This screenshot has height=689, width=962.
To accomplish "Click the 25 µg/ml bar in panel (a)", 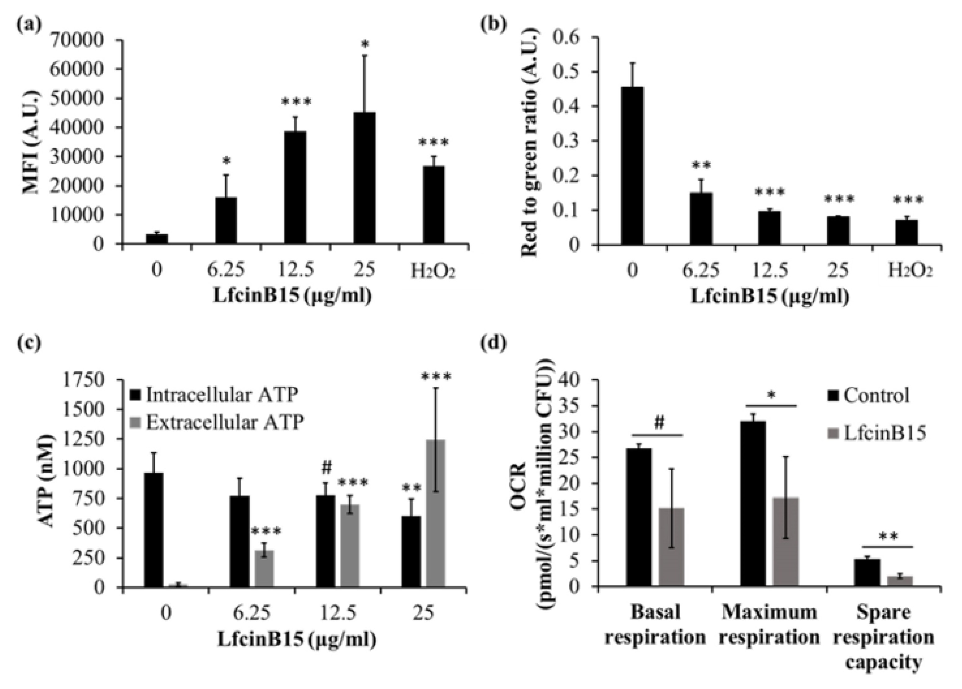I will pos(365,178).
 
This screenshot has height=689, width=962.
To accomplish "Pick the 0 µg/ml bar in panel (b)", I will pos(632,165).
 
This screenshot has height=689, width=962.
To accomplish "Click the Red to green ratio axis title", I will pos(530,142).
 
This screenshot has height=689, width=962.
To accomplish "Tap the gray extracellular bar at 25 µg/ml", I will pos(436,513).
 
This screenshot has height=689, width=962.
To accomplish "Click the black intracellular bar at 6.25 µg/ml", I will pos(239,541).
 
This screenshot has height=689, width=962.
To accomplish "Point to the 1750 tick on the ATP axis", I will pos(89,380).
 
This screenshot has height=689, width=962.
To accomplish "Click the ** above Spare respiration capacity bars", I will pos(888,537).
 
